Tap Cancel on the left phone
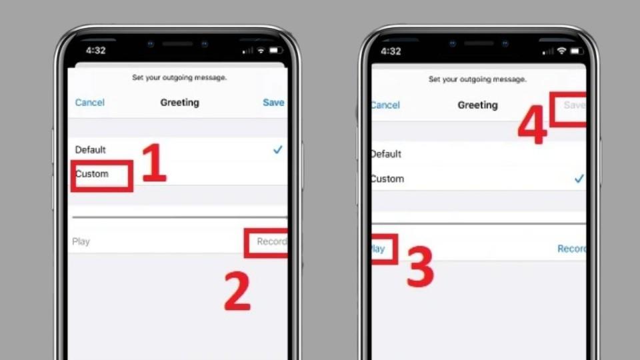click(90, 103)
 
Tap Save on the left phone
click(273, 103)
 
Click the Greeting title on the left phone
click(179, 103)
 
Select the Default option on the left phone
click(91, 150)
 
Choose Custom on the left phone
click(92, 174)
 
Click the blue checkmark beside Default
click(278, 151)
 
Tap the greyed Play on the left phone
click(81, 241)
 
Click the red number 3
click(420, 266)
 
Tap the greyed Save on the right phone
click(574, 105)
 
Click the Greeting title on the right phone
click(477, 105)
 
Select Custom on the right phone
click(387, 179)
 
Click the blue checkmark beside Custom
click(579, 179)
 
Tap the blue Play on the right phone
click(378, 249)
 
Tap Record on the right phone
click(571, 249)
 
